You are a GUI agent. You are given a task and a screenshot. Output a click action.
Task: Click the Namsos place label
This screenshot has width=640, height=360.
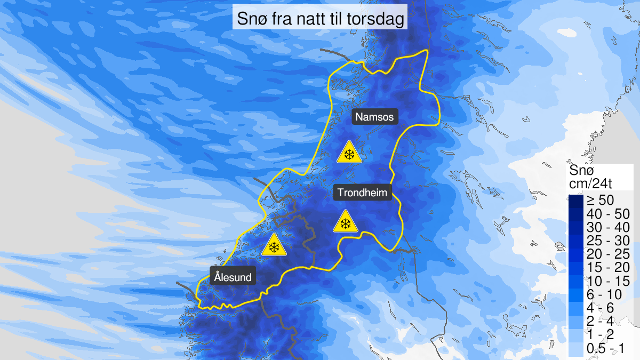[x=375, y=116]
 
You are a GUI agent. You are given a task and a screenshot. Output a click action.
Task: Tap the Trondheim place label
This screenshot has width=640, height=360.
[x=363, y=192]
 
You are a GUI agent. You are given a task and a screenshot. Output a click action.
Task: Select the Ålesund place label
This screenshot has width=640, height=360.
[x=233, y=277]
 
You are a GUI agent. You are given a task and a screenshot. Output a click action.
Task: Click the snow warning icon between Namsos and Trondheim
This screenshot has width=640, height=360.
[x=349, y=153]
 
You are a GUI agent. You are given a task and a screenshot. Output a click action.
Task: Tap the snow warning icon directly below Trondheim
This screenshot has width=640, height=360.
[x=345, y=222]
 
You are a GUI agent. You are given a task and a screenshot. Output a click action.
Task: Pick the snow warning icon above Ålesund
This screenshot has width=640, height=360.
[x=274, y=245]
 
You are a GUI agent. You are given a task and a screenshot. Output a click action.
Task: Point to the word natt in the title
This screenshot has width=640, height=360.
[x=313, y=20]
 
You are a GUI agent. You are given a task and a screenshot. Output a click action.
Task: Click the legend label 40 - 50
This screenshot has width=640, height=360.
[x=607, y=213]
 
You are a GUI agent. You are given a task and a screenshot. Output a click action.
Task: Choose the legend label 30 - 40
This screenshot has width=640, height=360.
[x=607, y=227]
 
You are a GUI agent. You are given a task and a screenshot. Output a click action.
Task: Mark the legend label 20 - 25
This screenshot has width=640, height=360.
[x=607, y=253]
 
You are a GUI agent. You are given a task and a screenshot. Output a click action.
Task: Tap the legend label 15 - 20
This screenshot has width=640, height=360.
[x=607, y=267]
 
